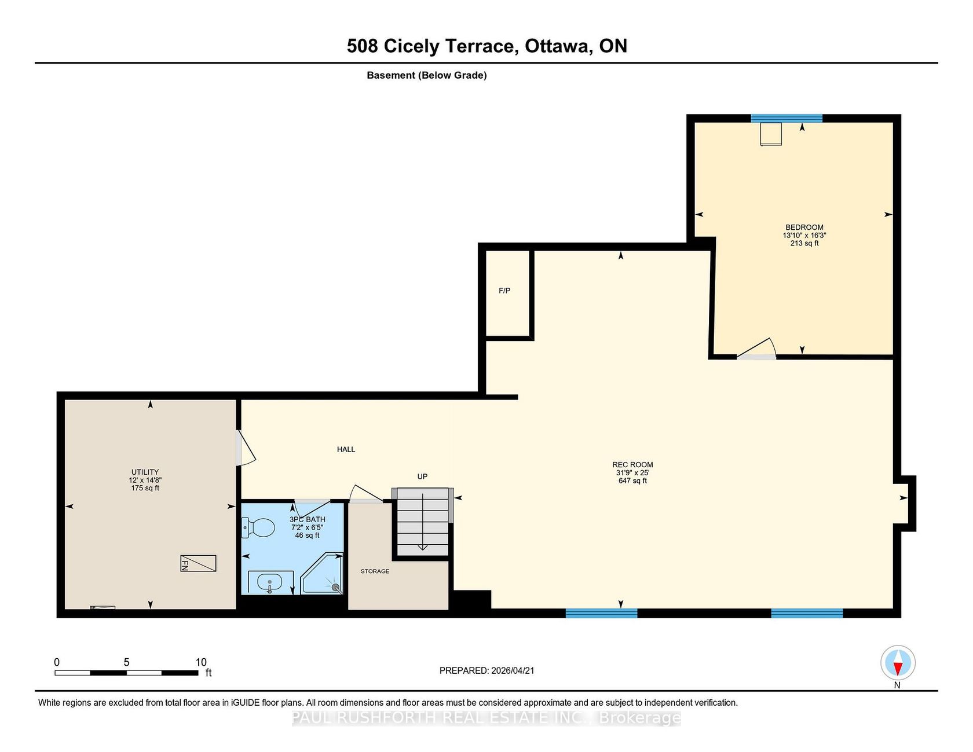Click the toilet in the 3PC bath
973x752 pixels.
point(258,527)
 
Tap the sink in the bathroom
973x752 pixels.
point(270,582)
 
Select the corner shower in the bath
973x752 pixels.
point(323,573)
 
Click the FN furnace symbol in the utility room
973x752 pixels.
point(198,563)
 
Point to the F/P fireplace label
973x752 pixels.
point(504,291)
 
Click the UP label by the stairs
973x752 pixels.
point(422,476)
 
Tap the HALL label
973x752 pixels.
point(346,449)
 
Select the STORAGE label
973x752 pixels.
point(375,571)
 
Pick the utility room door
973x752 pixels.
point(246,447)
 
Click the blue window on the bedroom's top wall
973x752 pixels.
point(787,119)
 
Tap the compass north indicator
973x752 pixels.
point(898,663)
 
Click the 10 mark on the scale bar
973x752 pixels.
point(201,662)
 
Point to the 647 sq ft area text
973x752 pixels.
point(632,481)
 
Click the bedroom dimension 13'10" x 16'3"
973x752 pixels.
point(804,236)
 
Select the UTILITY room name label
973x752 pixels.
point(145,472)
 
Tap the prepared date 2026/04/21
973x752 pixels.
point(513,670)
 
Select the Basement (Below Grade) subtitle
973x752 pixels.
point(427,75)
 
